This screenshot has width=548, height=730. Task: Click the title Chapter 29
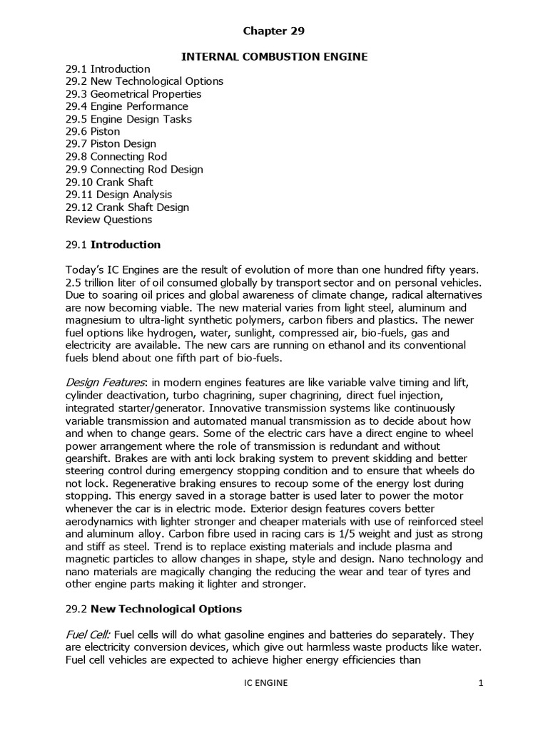[274, 31]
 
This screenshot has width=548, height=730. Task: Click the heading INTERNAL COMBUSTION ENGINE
[274, 56]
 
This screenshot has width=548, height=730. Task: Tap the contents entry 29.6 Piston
[93, 132]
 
